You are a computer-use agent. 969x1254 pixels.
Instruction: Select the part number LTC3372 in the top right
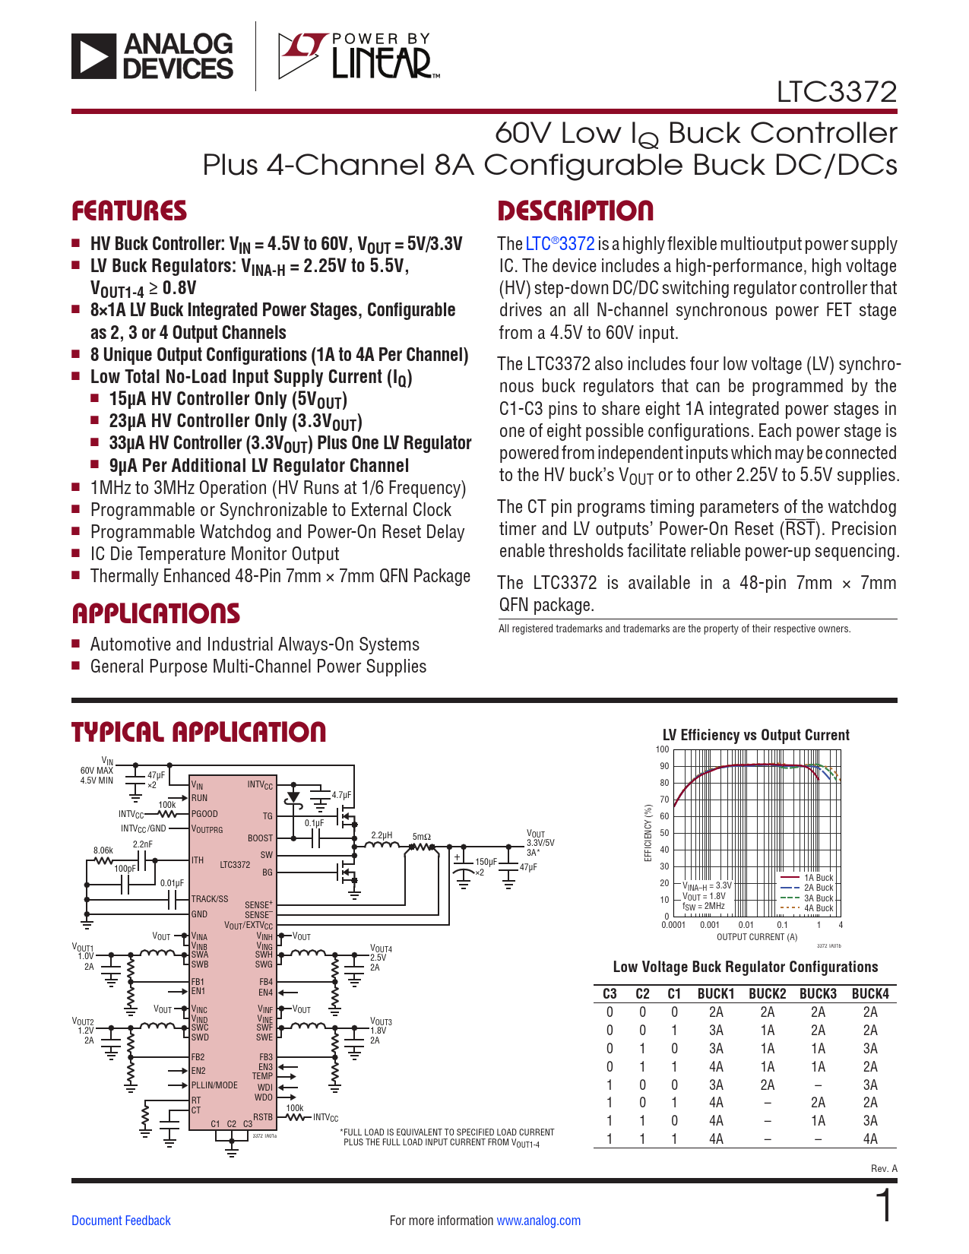pyautogui.click(x=836, y=92)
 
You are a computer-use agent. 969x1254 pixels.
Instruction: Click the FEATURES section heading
pyautogui.click(x=129, y=211)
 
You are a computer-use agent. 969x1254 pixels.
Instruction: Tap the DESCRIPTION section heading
pyautogui.click(x=575, y=211)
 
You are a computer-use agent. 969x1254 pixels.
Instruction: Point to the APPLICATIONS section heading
pyautogui.click(x=156, y=613)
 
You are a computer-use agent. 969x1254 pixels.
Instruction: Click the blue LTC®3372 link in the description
pyautogui.click(x=560, y=244)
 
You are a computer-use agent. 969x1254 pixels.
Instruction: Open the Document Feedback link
pyautogui.click(x=121, y=1221)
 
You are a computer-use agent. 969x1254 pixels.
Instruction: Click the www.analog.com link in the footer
pyautogui.click(x=538, y=1221)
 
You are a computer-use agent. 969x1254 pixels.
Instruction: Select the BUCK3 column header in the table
pyautogui.click(x=818, y=993)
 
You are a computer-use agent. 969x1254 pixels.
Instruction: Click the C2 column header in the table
pyautogui.click(x=642, y=993)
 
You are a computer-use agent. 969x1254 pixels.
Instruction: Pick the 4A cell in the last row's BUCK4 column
pyautogui.click(x=870, y=1138)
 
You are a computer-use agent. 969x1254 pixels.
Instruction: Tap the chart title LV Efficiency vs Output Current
pyautogui.click(x=755, y=735)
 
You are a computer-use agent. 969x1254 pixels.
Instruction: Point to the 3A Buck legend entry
pyautogui.click(x=818, y=898)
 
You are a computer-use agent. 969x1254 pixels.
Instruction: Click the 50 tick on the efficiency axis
pyautogui.click(x=664, y=833)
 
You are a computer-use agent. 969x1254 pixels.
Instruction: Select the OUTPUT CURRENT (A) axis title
pyautogui.click(x=757, y=937)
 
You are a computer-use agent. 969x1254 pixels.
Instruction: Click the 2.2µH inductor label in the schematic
pyautogui.click(x=382, y=834)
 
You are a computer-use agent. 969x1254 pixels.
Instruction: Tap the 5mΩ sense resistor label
pyautogui.click(x=421, y=837)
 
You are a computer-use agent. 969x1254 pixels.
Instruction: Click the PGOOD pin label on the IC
pyautogui.click(x=204, y=813)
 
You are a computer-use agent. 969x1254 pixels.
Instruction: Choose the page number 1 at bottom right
pyautogui.click(x=884, y=1206)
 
